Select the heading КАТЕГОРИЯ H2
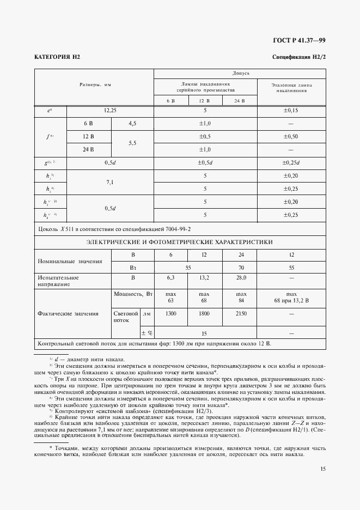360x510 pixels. click(x=57, y=57)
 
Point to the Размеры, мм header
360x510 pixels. click(x=95, y=86)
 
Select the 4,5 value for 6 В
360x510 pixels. click(x=132, y=124)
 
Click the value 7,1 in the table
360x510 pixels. click(x=110, y=182)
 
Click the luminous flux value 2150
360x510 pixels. click(x=240, y=314)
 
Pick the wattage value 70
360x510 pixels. click(x=240, y=268)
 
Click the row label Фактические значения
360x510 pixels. click(x=68, y=314)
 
